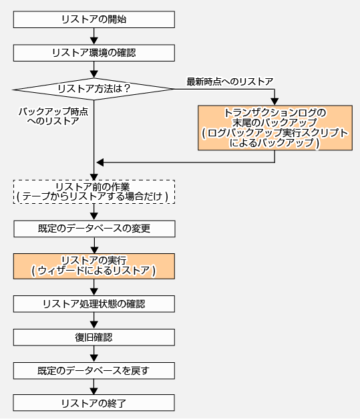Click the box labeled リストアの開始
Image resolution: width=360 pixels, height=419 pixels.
tap(94, 19)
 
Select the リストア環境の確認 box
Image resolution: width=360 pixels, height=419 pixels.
tap(94, 53)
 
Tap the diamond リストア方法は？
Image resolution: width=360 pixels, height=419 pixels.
tap(94, 89)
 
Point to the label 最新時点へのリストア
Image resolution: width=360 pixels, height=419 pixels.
tap(230, 82)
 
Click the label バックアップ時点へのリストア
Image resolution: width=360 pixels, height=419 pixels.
tap(53, 116)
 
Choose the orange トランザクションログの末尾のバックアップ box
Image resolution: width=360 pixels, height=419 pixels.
tap(275, 128)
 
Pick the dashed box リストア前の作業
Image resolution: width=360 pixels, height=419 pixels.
tap(94, 192)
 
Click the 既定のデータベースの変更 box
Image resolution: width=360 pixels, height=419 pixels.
tap(94, 229)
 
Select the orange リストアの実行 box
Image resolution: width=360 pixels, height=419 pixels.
tap(94, 266)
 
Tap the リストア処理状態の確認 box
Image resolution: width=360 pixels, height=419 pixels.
tap(94, 304)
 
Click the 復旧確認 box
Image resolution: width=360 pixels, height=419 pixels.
tap(94, 337)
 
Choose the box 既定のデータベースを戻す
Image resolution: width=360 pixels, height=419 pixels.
tap(94, 371)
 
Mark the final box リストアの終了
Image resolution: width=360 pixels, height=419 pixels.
tap(94, 403)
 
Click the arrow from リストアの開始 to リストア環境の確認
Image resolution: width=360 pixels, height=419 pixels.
tap(94, 36)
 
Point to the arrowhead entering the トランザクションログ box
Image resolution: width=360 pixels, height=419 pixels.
tap(275, 102)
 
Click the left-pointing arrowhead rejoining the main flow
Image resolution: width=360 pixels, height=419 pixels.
tap(100, 162)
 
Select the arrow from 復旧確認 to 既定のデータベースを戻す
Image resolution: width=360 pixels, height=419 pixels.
tap(94, 354)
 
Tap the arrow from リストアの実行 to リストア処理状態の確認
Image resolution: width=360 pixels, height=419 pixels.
tap(94, 287)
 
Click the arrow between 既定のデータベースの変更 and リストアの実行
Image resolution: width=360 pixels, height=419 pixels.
tap(94, 245)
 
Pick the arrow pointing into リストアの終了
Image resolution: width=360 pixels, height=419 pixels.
tap(94, 387)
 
